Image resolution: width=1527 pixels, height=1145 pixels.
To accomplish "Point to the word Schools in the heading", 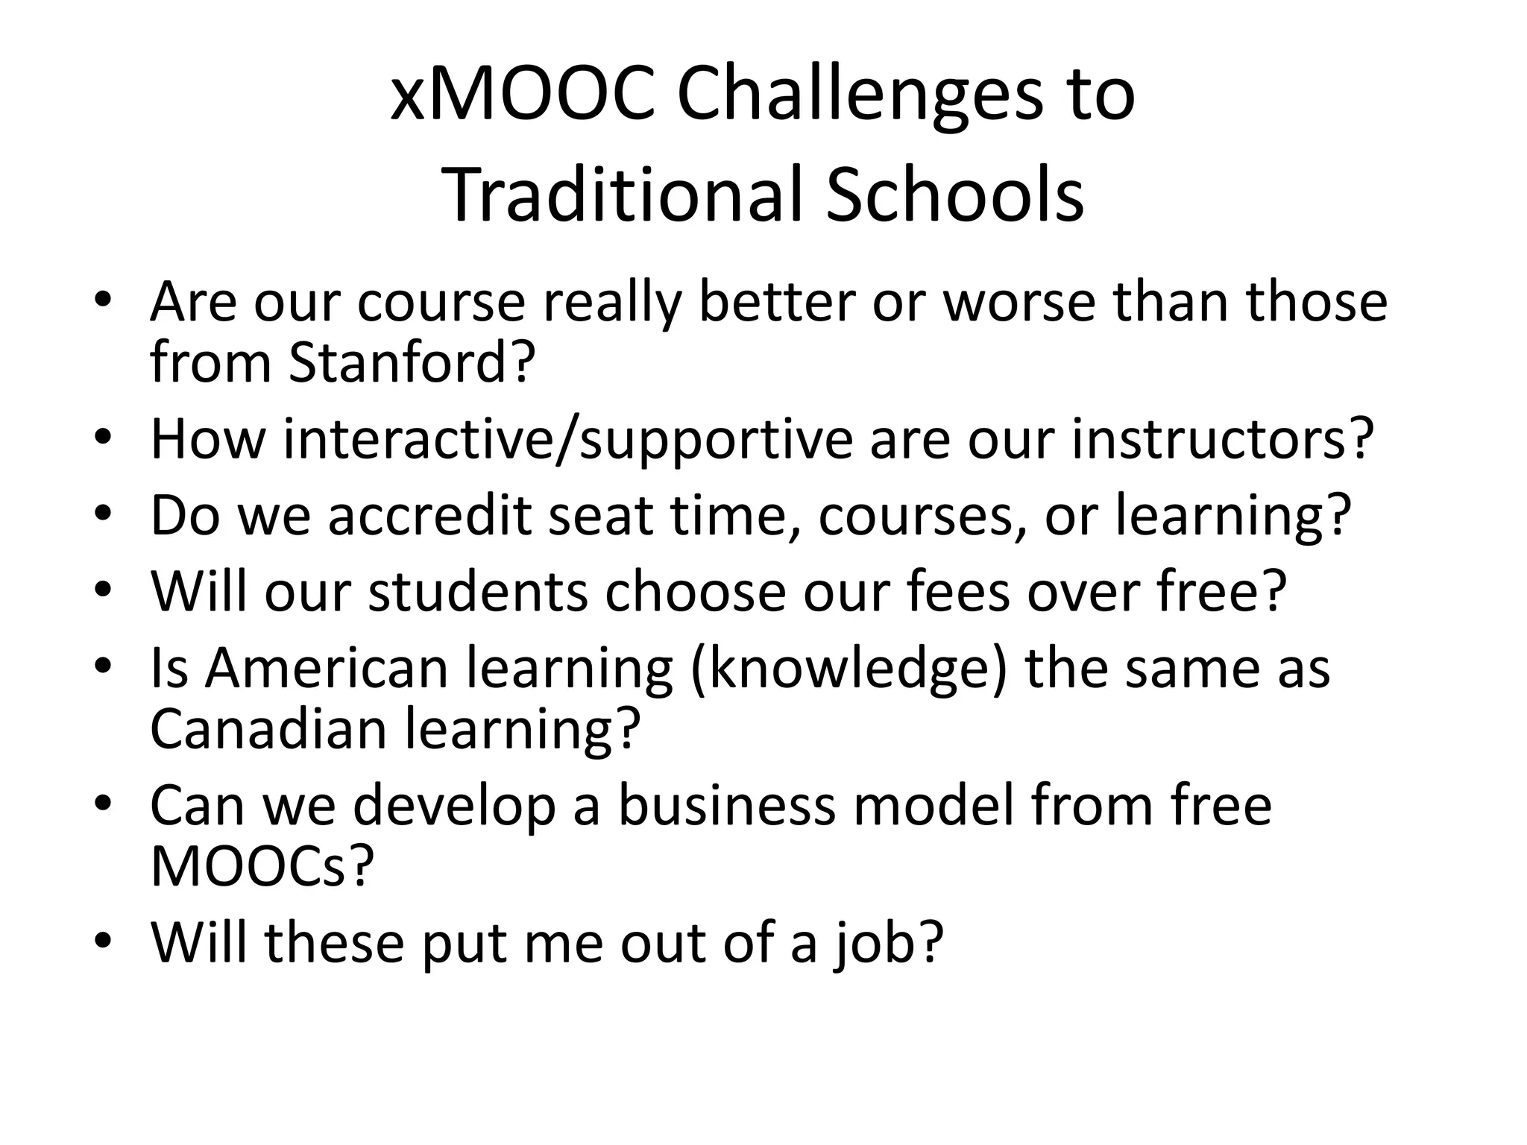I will click(x=955, y=195).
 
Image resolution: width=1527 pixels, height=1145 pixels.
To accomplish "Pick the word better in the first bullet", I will click(x=776, y=302).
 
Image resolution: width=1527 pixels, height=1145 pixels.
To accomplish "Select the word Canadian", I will click(x=268, y=728).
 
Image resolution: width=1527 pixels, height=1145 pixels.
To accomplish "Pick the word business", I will click(x=727, y=806).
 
